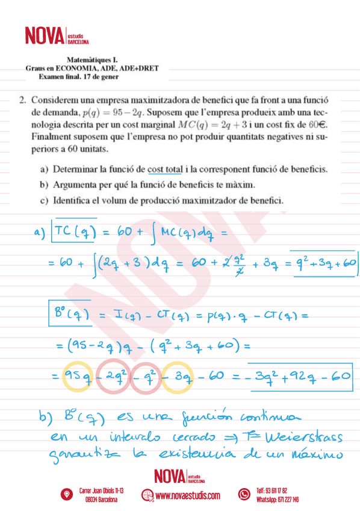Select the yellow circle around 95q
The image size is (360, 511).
click(79, 377)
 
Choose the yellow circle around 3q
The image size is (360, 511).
click(179, 377)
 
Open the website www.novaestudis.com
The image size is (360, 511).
click(187, 496)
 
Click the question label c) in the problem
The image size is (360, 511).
click(45, 200)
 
